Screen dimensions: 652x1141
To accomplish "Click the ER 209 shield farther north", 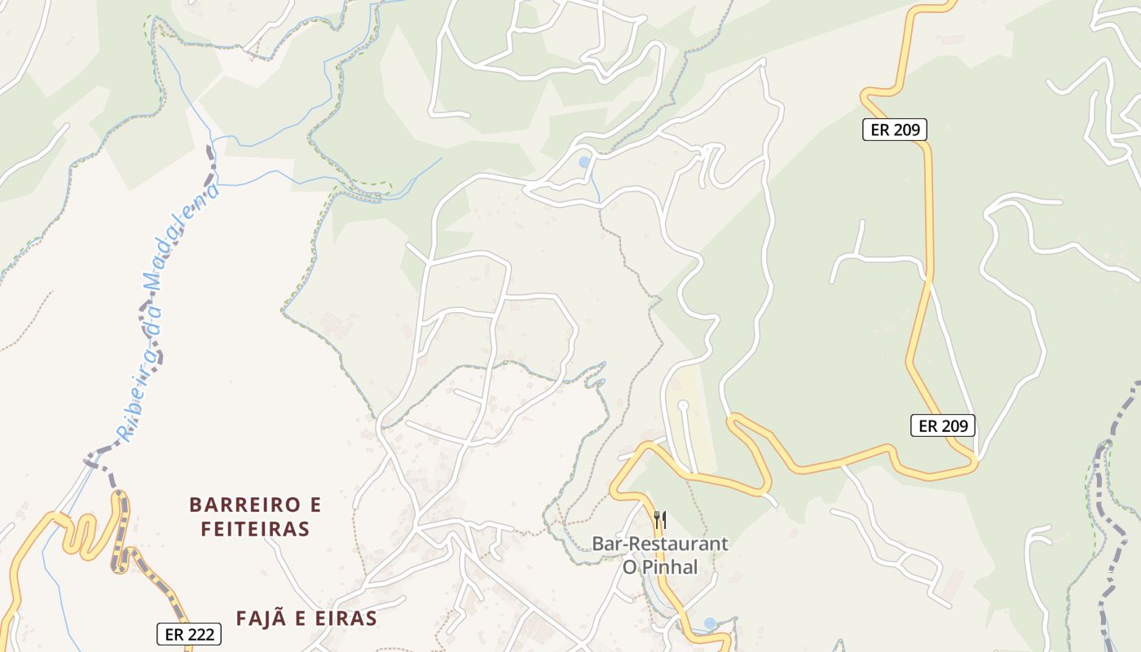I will (894, 129).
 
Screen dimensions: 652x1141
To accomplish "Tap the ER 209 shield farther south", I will (942, 425).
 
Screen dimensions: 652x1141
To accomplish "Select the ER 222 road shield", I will (188, 634).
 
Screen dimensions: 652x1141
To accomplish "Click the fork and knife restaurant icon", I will (660, 519).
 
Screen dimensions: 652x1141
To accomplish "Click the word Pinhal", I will (673, 567).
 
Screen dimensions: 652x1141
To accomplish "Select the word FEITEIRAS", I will (256, 529).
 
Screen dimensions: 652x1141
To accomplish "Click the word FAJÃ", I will (258, 619).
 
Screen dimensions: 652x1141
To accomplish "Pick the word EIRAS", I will (345, 619).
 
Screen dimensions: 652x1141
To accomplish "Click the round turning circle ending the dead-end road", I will (683, 405).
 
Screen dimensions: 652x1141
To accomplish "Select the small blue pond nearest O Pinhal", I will (709, 623).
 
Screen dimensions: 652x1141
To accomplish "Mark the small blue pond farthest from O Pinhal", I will (584, 162).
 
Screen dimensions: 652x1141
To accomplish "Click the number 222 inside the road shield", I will (200, 634).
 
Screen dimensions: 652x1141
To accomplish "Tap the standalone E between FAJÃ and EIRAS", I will (297, 619).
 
